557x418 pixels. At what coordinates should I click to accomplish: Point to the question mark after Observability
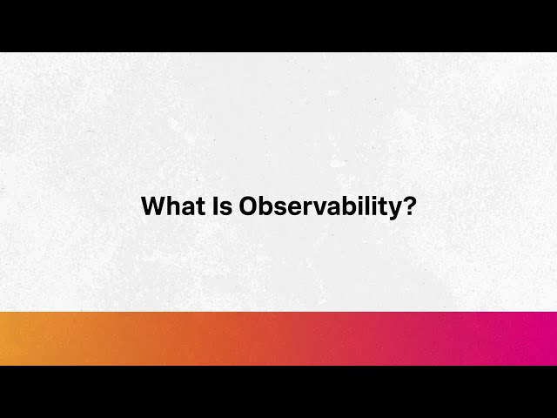[x=408, y=206]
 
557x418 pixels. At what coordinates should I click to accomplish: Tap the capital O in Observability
[x=249, y=206]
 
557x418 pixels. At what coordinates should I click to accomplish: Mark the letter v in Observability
[x=312, y=208]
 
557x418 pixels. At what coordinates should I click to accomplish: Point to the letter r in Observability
[x=301, y=208]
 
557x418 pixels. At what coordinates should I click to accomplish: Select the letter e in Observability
[x=290, y=208]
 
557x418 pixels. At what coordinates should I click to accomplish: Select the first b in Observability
[x=266, y=206]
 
